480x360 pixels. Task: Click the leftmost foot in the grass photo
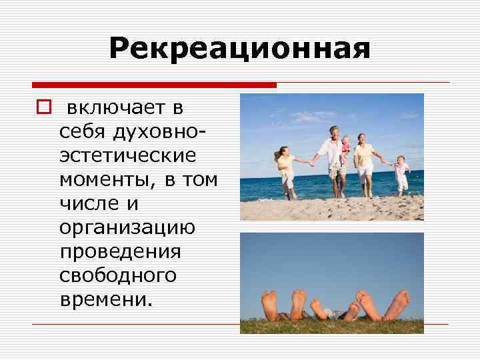269,303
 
